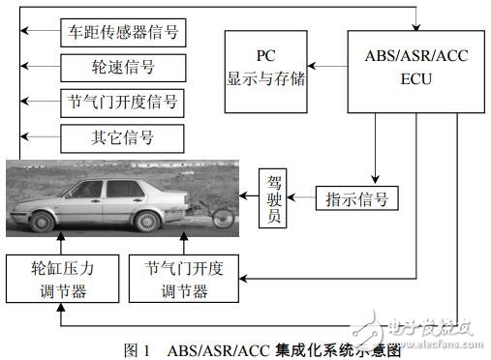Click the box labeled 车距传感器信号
click(121, 33)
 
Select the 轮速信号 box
click(121, 67)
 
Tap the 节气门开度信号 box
click(121, 101)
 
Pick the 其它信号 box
click(121, 135)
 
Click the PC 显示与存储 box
click(266, 69)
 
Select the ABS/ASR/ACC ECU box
click(416, 67)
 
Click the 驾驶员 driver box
click(273, 199)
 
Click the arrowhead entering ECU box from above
click(416, 25)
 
